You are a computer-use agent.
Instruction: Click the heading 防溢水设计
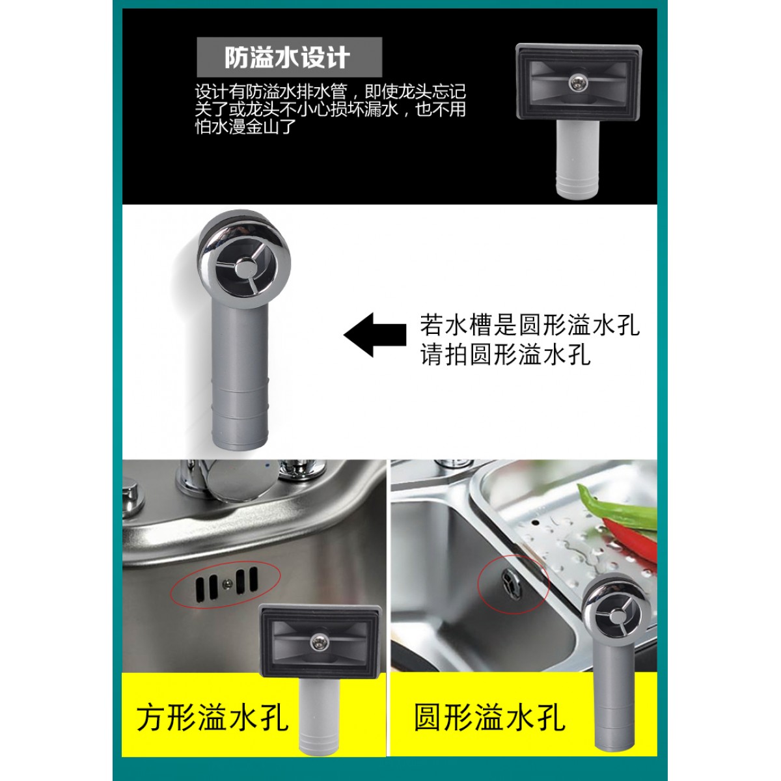tap(288, 58)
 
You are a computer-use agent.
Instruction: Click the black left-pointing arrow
tap(375, 335)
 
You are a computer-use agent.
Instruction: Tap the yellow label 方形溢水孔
tap(212, 719)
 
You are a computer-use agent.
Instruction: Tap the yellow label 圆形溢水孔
tap(489, 718)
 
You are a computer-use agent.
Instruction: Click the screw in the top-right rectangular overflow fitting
tap(575, 83)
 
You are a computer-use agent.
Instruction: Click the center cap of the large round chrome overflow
tap(245, 269)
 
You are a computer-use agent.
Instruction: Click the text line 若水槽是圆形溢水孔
tap(530, 325)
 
